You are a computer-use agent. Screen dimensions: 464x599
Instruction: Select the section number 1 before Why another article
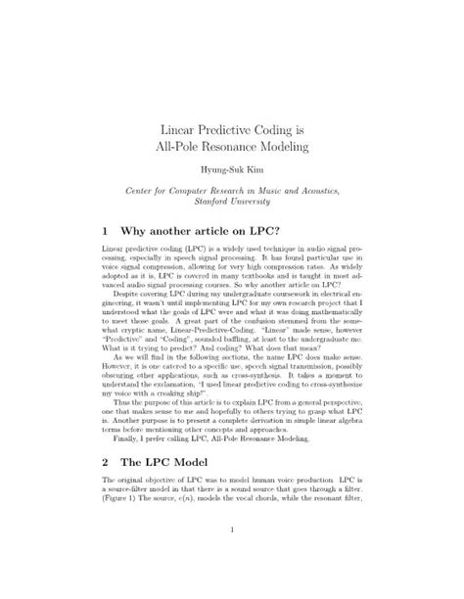pos(105,232)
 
